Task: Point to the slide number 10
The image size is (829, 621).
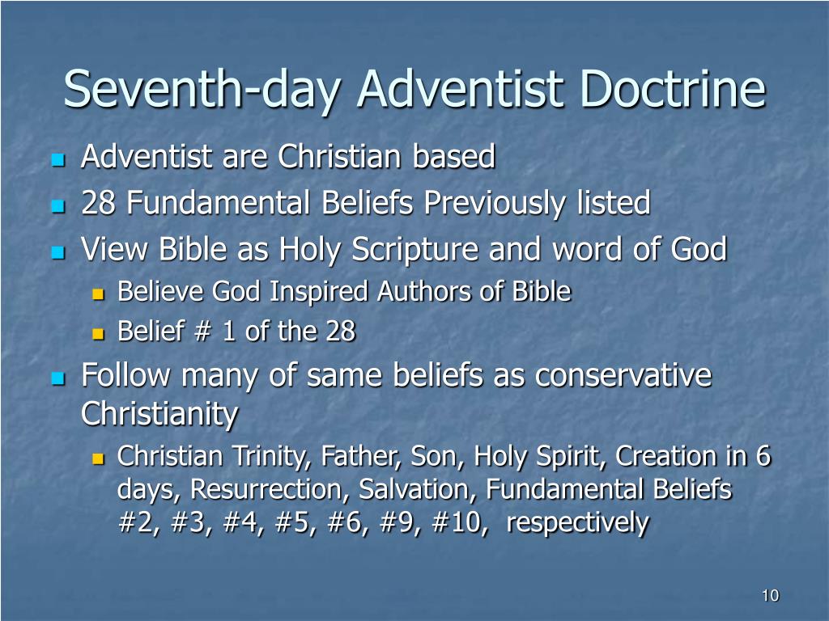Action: tap(771, 595)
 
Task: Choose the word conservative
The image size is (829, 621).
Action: tap(623, 375)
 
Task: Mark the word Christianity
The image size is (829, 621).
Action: tap(159, 414)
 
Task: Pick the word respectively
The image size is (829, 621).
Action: tap(577, 524)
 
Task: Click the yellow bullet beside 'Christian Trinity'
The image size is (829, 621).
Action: tap(98, 458)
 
